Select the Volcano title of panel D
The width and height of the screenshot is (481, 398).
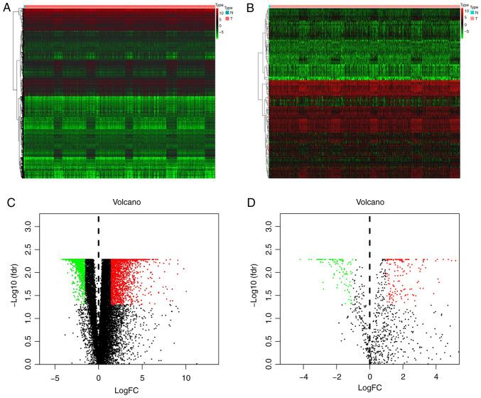[x=369, y=202]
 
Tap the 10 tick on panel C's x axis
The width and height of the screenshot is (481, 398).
[x=186, y=378]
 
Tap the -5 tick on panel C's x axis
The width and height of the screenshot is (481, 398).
[x=53, y=378]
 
